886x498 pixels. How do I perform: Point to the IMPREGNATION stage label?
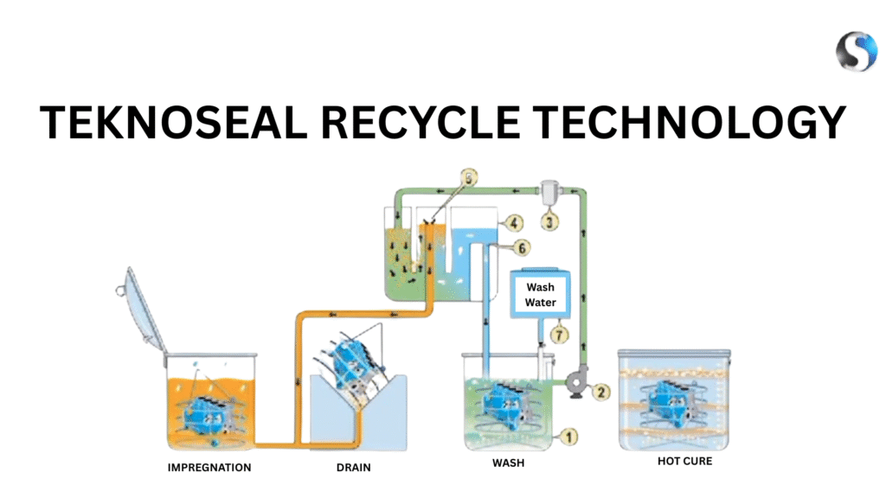[x=209, y=468]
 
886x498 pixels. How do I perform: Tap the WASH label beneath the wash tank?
[x=508, y=463]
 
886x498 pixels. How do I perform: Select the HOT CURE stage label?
[x=684, y=461]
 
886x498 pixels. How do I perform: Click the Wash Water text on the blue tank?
[x=541, y=295]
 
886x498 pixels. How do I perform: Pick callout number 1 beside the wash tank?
[x=569, y=437]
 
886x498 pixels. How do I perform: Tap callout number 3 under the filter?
[x=551, y=221]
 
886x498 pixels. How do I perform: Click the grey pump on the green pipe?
[x=575, y=383]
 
